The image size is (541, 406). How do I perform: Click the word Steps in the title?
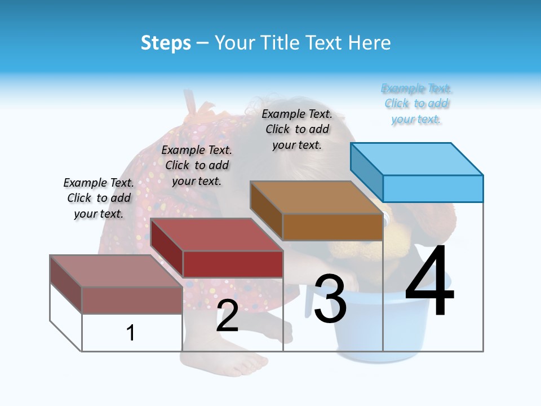point(166,43)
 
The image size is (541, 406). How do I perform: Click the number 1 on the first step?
point(131,333)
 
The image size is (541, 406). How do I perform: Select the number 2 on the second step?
point(227,316)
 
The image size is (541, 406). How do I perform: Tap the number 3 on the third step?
point(330,299)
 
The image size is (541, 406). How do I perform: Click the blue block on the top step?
point(433,188)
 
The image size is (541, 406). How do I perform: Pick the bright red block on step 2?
point(232,264)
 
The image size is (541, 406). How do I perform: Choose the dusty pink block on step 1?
point(132,300)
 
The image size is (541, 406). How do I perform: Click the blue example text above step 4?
point(417,104)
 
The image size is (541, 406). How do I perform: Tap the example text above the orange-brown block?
point(297,129)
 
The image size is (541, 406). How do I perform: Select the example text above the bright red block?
point(197,165)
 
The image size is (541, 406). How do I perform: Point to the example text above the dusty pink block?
point(99,198)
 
